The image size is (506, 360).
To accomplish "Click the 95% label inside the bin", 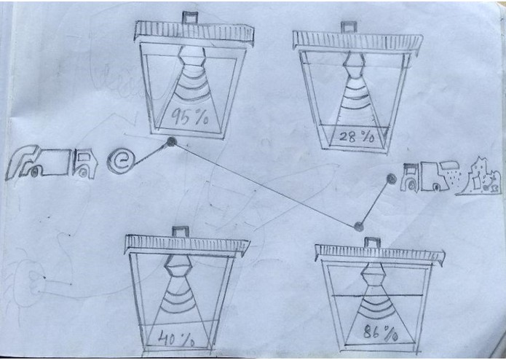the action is pos(190,117).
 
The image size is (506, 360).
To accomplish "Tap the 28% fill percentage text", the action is pos(357,137).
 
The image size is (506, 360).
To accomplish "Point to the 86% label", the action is pos(381,332).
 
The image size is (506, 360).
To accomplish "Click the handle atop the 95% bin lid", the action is pos(190,17).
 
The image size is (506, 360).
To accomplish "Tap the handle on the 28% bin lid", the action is pos(349,27).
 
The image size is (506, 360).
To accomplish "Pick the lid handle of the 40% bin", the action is pos(180,231).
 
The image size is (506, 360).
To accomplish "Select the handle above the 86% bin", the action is pos(372,242).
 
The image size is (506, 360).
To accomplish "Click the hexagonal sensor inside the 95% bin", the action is pos(191,56).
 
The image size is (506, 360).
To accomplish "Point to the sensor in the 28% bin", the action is pos(354,64).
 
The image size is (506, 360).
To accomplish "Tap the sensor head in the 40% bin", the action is pos(178,265).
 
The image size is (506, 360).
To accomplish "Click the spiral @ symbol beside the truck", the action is pos(120,161).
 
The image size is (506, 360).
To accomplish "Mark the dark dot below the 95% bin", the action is pos(171,141).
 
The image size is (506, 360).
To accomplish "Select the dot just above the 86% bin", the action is pos(358,227).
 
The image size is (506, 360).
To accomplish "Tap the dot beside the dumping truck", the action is pos(391,179).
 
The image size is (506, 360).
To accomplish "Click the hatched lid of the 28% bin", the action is pos(358,41).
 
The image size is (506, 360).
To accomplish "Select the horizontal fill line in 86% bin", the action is pos(377,295).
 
